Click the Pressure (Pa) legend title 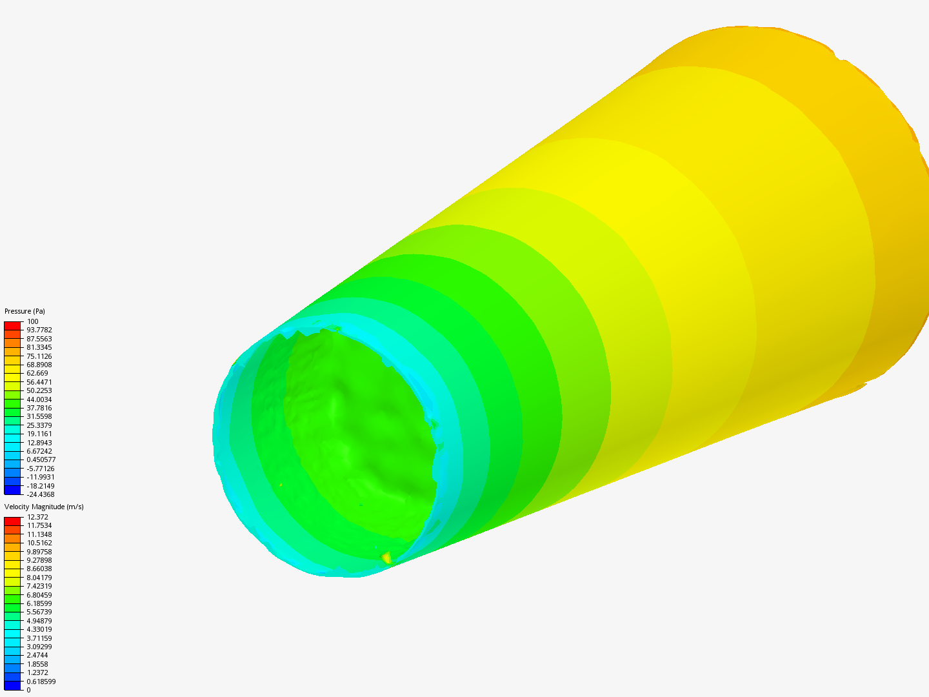point(25,311)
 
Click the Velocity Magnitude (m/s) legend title point(44,507)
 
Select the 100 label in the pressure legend point(32,321)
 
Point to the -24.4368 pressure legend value point(40,494)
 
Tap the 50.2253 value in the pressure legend point(39,390)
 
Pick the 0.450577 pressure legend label point(41,460)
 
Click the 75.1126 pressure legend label point(39,356)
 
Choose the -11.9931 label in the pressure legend point(40,477)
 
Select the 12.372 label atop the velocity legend point(37,517)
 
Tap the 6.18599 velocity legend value point(39,603)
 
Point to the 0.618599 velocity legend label point(41,682)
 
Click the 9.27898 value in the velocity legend point(39,560)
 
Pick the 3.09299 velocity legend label point(39,647)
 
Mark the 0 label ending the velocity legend point(28,690)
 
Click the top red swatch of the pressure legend point(12,326)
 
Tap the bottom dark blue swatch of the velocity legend point(12,685)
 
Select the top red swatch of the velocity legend point(12,521)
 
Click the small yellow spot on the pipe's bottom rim point(386,557)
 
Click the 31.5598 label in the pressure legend point(39,416)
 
